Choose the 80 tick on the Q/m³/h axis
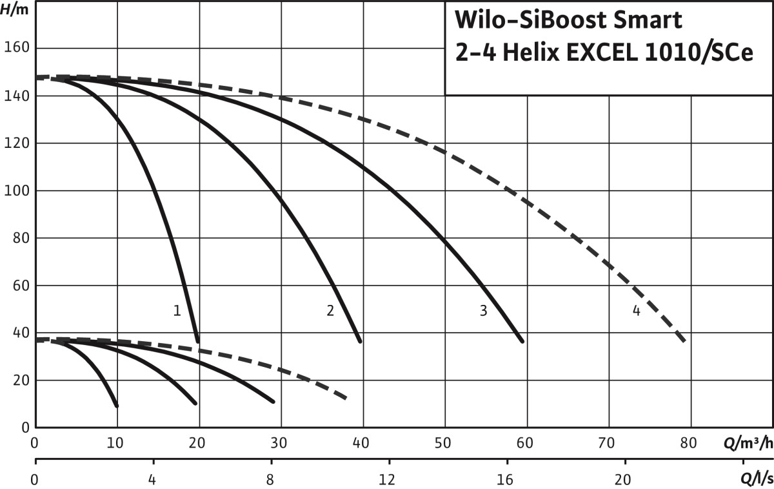pos(689,444)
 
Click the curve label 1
pos(177,311)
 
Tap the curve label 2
pos(330,311)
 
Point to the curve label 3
pos(483,311)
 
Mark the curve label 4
pos(636,311)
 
